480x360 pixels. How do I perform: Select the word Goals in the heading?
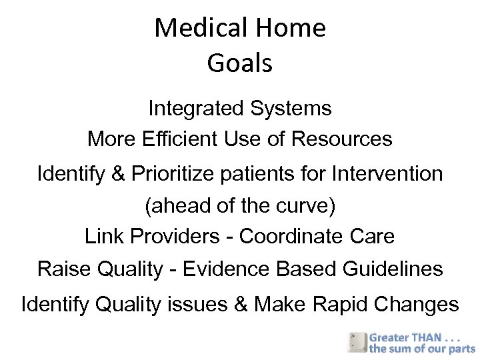point(240,63)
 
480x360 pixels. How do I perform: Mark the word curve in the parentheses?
point(300,207)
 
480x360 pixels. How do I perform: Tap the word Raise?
point(62,269)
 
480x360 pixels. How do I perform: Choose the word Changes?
point(417,305)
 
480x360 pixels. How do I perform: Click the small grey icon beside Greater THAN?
point(357,342)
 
